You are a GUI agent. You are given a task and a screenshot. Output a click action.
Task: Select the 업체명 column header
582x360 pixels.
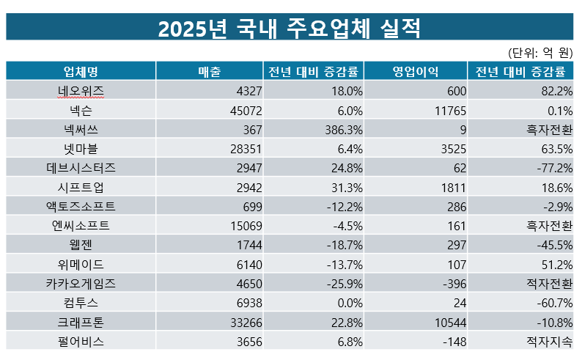click(x=81, y=71)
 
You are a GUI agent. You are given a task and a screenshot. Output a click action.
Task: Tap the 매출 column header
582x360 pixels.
click(x=210, y=71)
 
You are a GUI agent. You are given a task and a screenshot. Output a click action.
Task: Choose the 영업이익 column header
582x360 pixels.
click(x=416, y=71)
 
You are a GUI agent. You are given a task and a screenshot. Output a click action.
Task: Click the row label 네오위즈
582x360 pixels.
click(x=81, y=91)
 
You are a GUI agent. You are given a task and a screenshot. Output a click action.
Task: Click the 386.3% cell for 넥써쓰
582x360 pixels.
click(x=341, y=129)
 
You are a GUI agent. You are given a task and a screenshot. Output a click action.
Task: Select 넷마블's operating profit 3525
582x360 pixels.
click(x=449, y=148)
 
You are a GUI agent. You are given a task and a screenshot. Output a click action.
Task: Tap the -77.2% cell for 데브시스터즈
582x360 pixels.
click(x=554, y=167)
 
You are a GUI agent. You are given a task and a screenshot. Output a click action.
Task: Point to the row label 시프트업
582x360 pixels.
click(x=81, y=186)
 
